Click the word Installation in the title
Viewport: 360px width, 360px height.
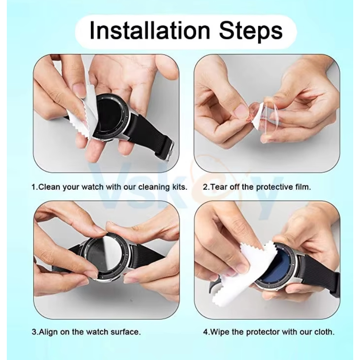150,31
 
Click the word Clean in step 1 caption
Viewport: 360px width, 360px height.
49,187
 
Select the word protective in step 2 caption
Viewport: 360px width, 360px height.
273,187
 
